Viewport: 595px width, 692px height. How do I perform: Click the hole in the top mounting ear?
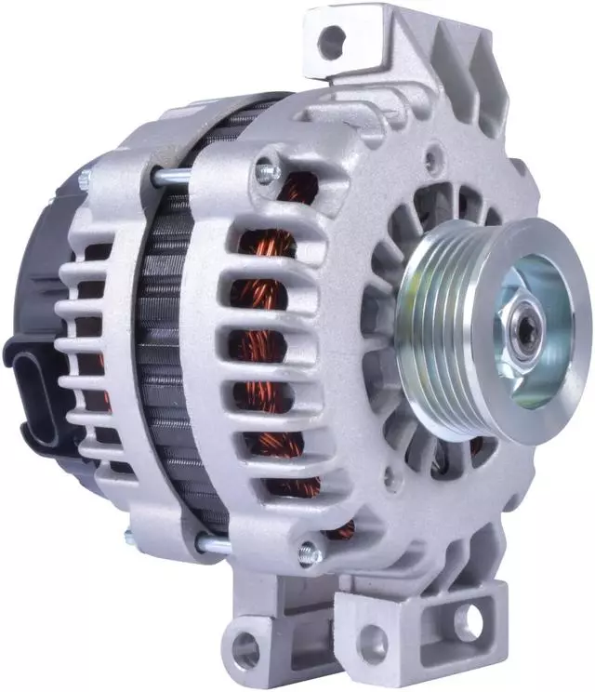pos(331,40)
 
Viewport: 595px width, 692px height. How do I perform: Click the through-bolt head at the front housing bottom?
pos(308,556)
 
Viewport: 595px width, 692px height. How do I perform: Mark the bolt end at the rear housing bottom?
pos(131,536)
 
